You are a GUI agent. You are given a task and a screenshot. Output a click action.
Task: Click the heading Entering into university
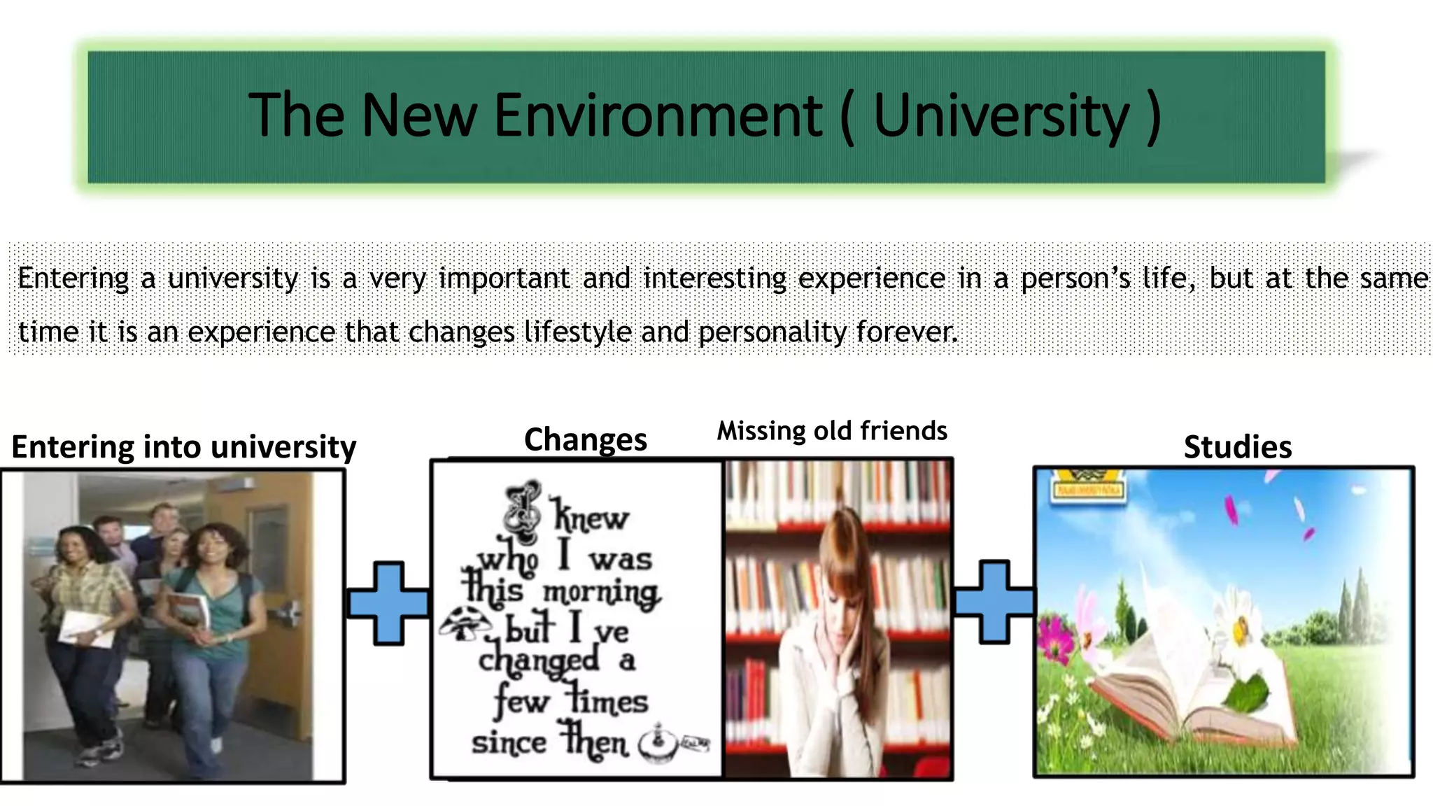pos(183,447)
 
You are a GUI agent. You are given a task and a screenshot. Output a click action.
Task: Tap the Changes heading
pos(585,440)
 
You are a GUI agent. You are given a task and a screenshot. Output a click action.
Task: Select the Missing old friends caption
pos(831,431)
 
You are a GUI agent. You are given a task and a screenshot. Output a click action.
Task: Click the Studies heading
pos(1237,447)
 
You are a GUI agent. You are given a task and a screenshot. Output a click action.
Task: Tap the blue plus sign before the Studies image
pos(994,602)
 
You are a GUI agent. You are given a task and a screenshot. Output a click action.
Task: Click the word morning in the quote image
pos(600,593)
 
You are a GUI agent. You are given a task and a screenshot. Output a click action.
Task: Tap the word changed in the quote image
pos(539,661)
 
